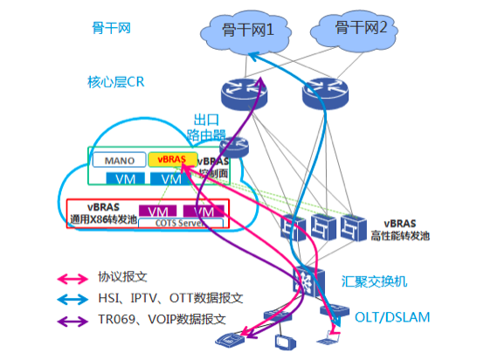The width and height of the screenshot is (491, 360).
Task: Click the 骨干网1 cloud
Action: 248,32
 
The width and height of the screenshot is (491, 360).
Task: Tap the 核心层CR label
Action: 115,82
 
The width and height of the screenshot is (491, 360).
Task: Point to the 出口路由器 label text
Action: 206,127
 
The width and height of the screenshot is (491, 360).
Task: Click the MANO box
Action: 119,161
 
